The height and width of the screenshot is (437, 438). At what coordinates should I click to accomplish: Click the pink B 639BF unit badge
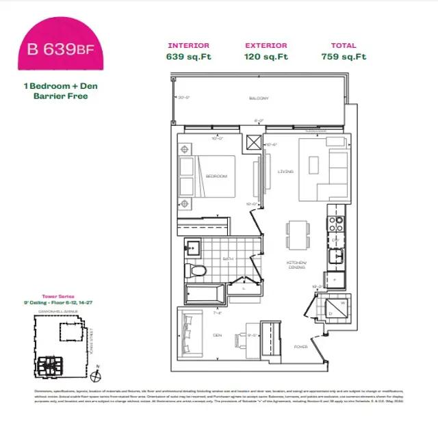(x=62, y=48)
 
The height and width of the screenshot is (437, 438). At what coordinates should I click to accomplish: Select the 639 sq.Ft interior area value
(x=189, y=57)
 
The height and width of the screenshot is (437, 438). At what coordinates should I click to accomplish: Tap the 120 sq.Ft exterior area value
(x=266, y=57)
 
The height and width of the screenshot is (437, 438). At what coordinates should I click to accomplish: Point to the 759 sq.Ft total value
(x=344, y=57)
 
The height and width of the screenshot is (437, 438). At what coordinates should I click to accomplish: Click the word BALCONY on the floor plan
(x=259, y=98)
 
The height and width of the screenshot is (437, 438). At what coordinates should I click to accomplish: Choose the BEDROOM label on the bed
(x=216, y=176)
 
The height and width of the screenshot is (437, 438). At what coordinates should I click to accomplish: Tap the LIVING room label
(x=285, y=172)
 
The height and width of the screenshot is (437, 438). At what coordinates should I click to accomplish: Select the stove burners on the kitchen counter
(x=337, y=222)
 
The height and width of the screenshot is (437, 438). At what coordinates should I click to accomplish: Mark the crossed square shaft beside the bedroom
(x=255, y=143)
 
